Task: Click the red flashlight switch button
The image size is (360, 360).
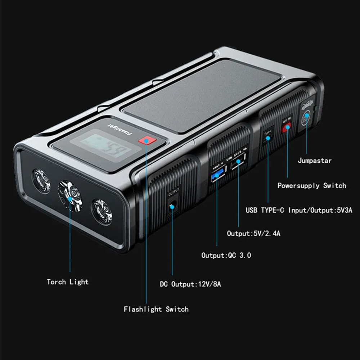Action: pos(146,140)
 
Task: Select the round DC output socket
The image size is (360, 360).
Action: pos(172,207)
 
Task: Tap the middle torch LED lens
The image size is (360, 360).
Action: pos(71,195)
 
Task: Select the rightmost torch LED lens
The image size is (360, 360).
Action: pos(102,212)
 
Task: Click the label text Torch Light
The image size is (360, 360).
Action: pos(68,282)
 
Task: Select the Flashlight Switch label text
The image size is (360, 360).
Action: pos(156,309)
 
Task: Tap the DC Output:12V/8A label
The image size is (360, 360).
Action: pos(190,284)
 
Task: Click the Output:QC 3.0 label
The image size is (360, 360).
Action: pos(226,255)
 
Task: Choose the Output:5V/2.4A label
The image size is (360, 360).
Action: pos(253,233)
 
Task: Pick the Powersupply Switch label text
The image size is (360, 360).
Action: pos(311,186)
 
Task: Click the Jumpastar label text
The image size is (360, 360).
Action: pos(315,161)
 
